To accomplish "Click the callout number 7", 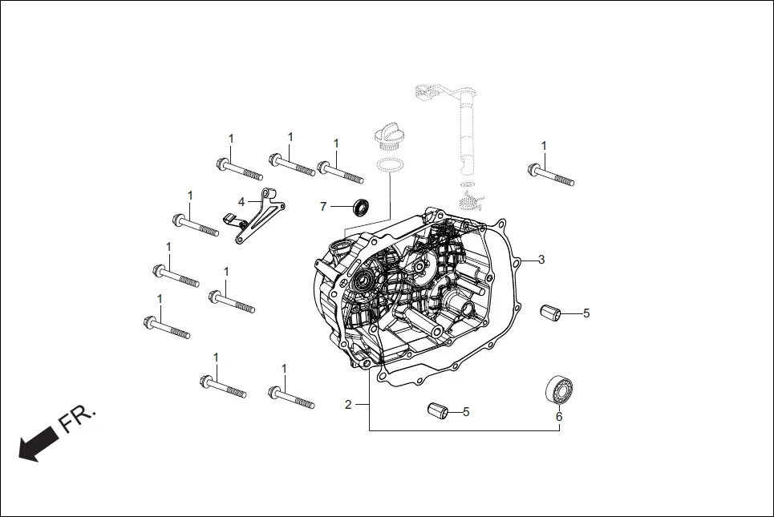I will pyautogui.click(x=323, y=207).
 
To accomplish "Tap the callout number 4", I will pyautogui.click(x=241, y=201).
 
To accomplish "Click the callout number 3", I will pyautogui.click(x=541, y=260).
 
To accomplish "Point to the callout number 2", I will pyautogui.click(x=348, y=405).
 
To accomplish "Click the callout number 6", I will pyautogui.click(x=559, y=417).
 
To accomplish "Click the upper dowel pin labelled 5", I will pyautogui.click(x=551, y=313).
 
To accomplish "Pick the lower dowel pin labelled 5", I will pyautogui.click(x=436, y=411).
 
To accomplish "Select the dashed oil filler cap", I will pyautogui.click(x=388, y=139).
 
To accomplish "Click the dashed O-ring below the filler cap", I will pyautogui.click(x=390, y=165).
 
